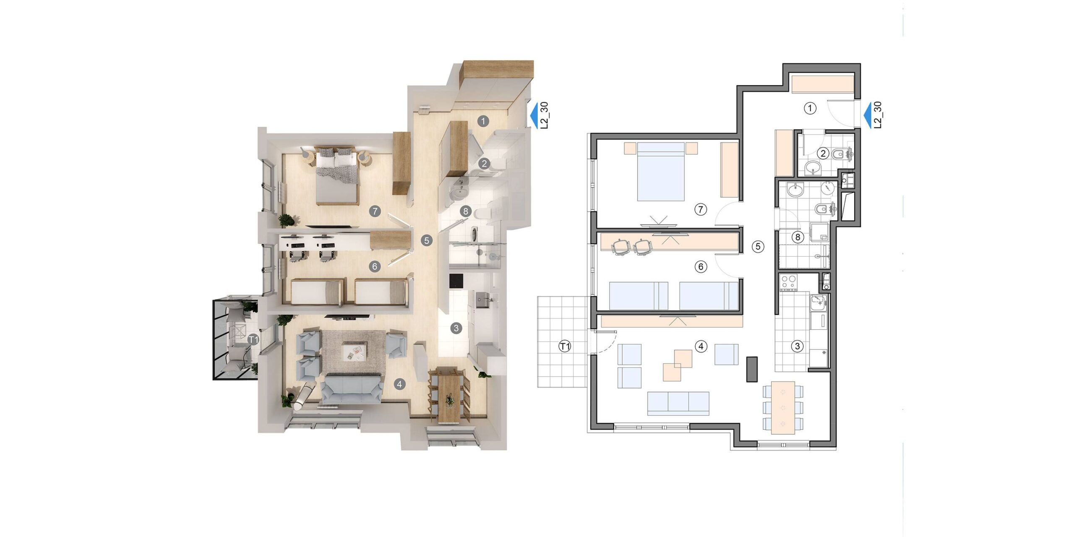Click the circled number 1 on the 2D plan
(810, 108)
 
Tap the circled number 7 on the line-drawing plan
(701, 209)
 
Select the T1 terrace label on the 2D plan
(565, 347)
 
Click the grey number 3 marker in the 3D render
(456, 328)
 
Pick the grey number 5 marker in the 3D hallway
(427, 241)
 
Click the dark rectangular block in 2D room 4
(752, 369)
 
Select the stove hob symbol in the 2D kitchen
(787, 282)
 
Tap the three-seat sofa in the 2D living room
(678, 404)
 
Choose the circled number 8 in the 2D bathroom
(798, 237)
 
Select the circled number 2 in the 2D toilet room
(823, 154)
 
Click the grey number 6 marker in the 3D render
(375, 266)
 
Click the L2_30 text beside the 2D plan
(878, 115)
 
